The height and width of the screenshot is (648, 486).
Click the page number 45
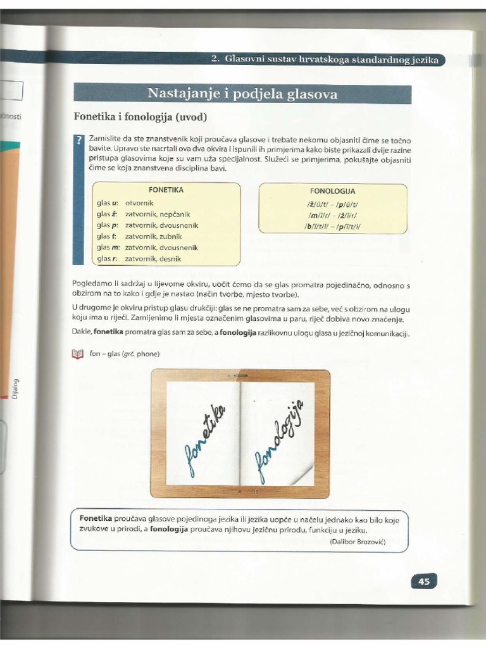click(x=423, y=581)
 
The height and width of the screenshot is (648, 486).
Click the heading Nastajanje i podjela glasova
click(x=242, y=94)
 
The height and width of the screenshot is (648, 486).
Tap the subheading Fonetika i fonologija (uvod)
click(x=140, y=117)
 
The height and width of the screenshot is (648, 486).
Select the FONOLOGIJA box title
click(x=333, y=190)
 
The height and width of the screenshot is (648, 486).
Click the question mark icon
click(x=79, y=140)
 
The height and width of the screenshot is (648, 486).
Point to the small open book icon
click(x=78, y=354)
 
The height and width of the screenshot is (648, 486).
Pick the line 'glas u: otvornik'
click(x=123, y=203)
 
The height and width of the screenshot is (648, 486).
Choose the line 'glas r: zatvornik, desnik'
click(x=139, y=259)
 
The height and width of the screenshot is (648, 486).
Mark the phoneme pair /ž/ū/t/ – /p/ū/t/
click(x=333, y=204)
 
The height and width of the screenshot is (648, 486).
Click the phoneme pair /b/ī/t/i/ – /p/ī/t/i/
click(x=333, y=226)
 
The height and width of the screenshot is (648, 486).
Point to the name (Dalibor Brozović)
click(x=357, y=542)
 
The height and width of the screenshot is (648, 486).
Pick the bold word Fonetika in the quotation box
click(x=96, y=518)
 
